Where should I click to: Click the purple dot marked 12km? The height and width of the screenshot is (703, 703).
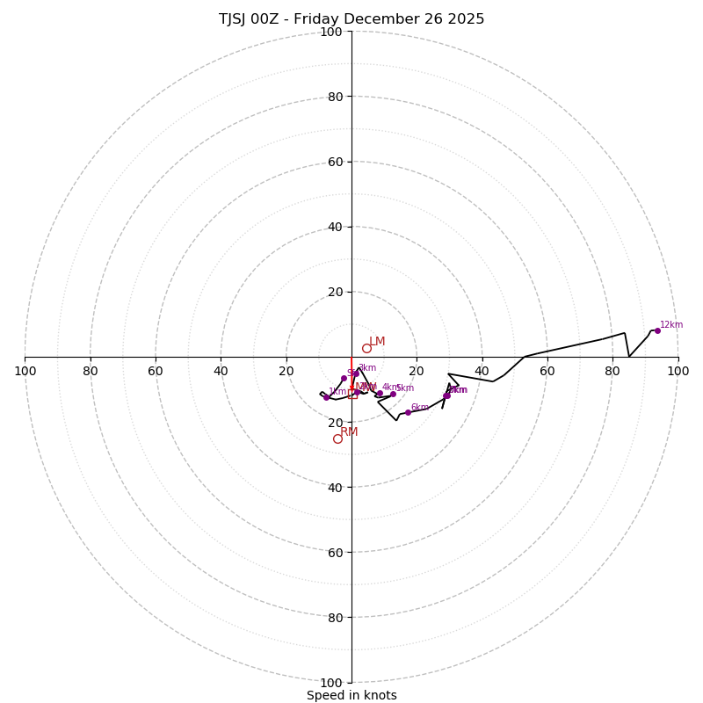tap(657, 330)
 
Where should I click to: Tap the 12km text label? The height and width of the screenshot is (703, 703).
tap(671, 325)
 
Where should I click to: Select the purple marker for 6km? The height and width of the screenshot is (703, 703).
tap(408, 412)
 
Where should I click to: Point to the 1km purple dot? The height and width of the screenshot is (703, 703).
tap(326, 397)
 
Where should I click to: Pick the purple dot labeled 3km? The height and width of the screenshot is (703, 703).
tap(356, 373)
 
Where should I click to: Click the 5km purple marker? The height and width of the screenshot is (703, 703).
tap(393, 394)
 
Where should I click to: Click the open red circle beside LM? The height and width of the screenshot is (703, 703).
tap(366, 348)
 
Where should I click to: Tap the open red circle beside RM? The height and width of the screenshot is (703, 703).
tap(337, 438)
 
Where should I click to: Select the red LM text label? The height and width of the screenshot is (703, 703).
tap(377, 342)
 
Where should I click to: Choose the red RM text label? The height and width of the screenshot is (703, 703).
tap(350, 432)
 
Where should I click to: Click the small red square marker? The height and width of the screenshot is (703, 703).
tap(352, 395)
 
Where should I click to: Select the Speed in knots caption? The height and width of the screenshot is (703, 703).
tap(351, 696)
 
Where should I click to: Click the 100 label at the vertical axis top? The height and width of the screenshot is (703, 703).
tap(331, 33)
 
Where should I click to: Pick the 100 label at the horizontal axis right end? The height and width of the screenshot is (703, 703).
tap(678, 371)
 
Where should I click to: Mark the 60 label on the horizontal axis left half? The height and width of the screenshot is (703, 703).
tap(156, 371)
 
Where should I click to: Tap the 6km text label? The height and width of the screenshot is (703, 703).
tap(420, 408)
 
